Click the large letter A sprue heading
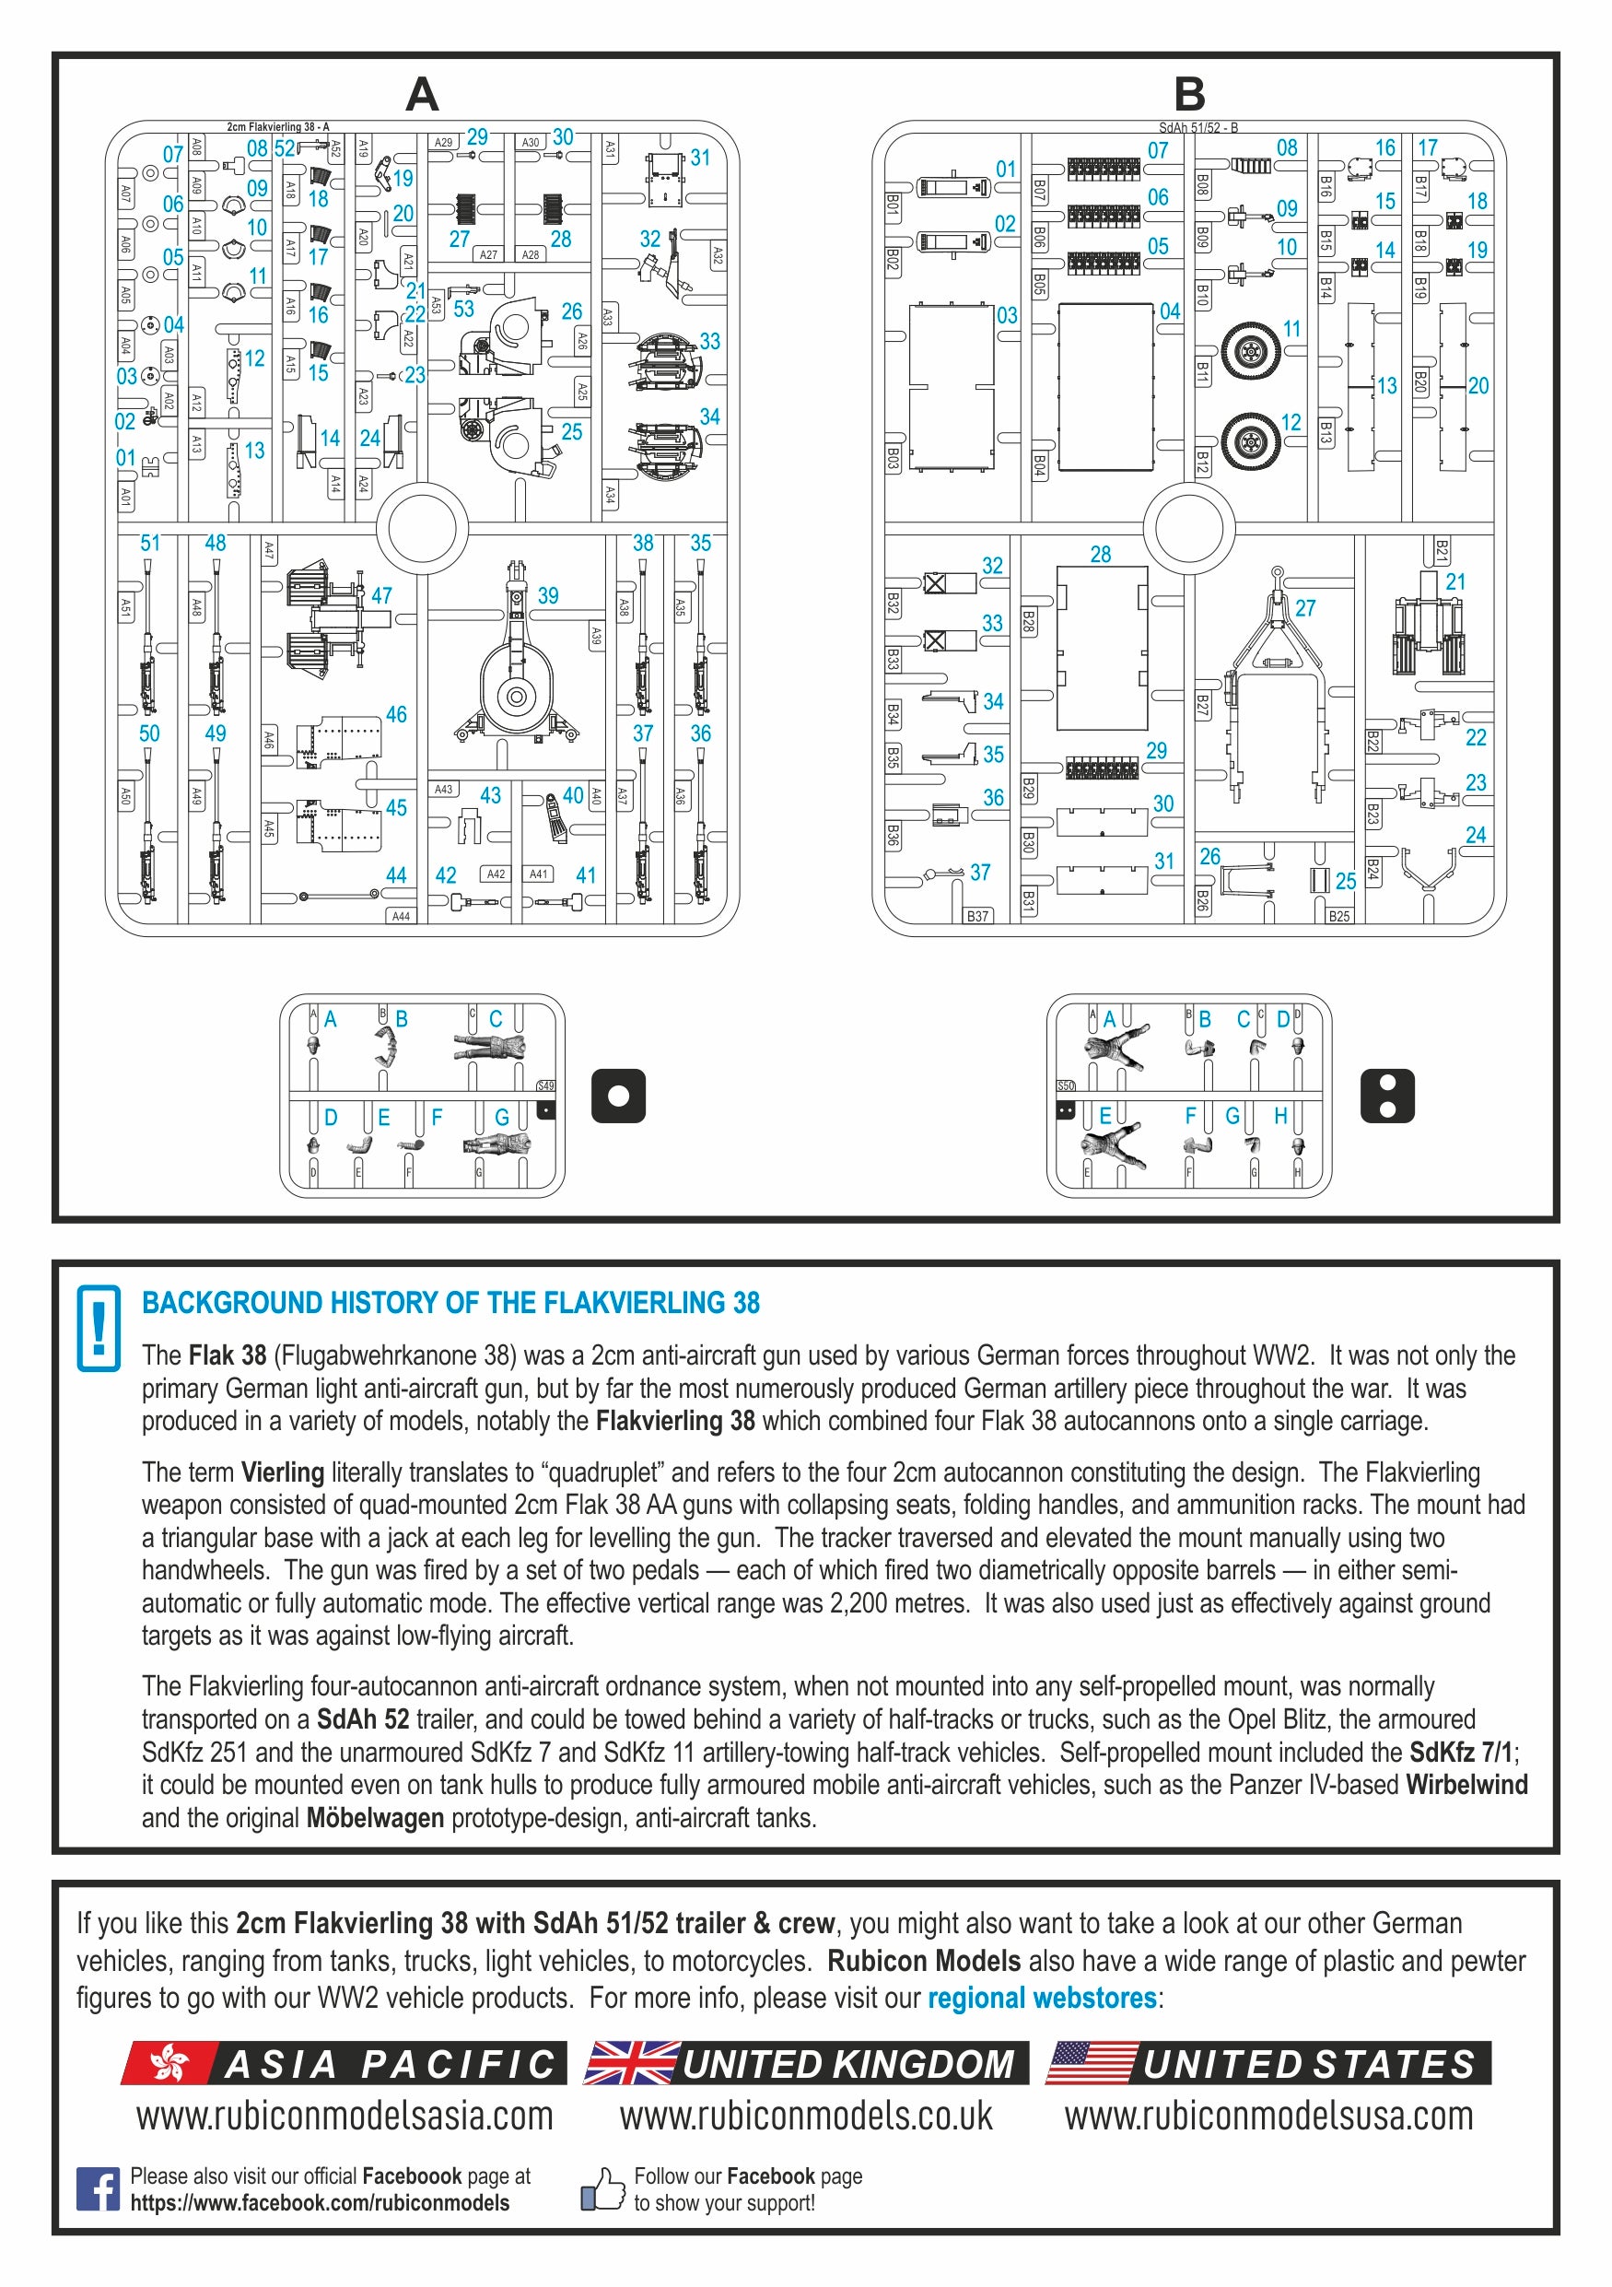tap(422, 95)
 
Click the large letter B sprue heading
tap(1190, 95)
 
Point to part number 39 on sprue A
tap(517, 667)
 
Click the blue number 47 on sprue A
tap(381, 595)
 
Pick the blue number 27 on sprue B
tap(1304, 607)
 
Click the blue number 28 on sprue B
tap(1100, 555)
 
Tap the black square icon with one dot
tap(618, 1096)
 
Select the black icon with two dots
tap(1387, 1096)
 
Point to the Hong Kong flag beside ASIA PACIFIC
tap(169, 2063)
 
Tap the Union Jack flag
tap(631, 2063)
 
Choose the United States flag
tap(1092, 2063)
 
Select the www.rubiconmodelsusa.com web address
tap(1268, 2117)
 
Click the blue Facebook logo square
tap(98, 2188)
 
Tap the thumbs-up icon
tap(602, 2189)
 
